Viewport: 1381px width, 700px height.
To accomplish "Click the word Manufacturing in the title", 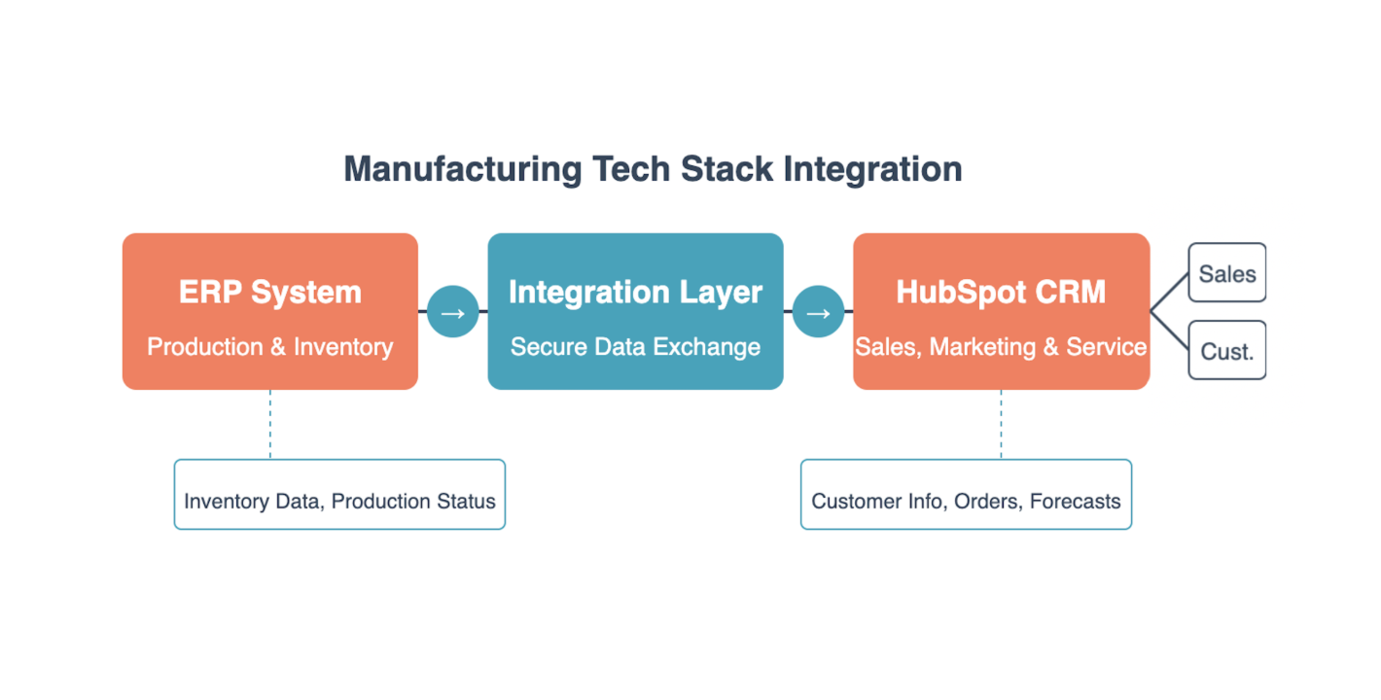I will point(462,169).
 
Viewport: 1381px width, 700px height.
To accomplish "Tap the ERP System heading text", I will point(270,292).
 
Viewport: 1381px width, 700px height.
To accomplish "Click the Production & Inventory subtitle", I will point(270,347).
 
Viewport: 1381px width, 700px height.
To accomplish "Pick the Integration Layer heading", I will point(635,292).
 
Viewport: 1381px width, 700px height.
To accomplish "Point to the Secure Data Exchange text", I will point(635,347).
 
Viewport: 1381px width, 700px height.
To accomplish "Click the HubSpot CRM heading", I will point(1001,292).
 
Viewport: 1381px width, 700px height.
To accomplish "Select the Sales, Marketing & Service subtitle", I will point(1001,347).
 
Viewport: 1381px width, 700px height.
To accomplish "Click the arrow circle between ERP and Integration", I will point(453,312).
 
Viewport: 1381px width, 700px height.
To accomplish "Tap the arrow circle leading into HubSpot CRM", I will point(819,312).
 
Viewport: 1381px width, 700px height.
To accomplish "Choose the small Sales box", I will point(1226,273).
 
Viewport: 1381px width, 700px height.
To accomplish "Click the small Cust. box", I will point(1226,351).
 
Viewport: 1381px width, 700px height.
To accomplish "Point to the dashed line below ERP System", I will point(270,425).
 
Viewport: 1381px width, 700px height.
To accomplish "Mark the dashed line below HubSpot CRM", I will point(1001,425).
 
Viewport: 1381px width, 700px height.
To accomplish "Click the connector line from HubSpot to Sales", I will point(1170,292).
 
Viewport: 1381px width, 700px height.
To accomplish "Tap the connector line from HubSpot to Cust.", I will point(1170,332).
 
